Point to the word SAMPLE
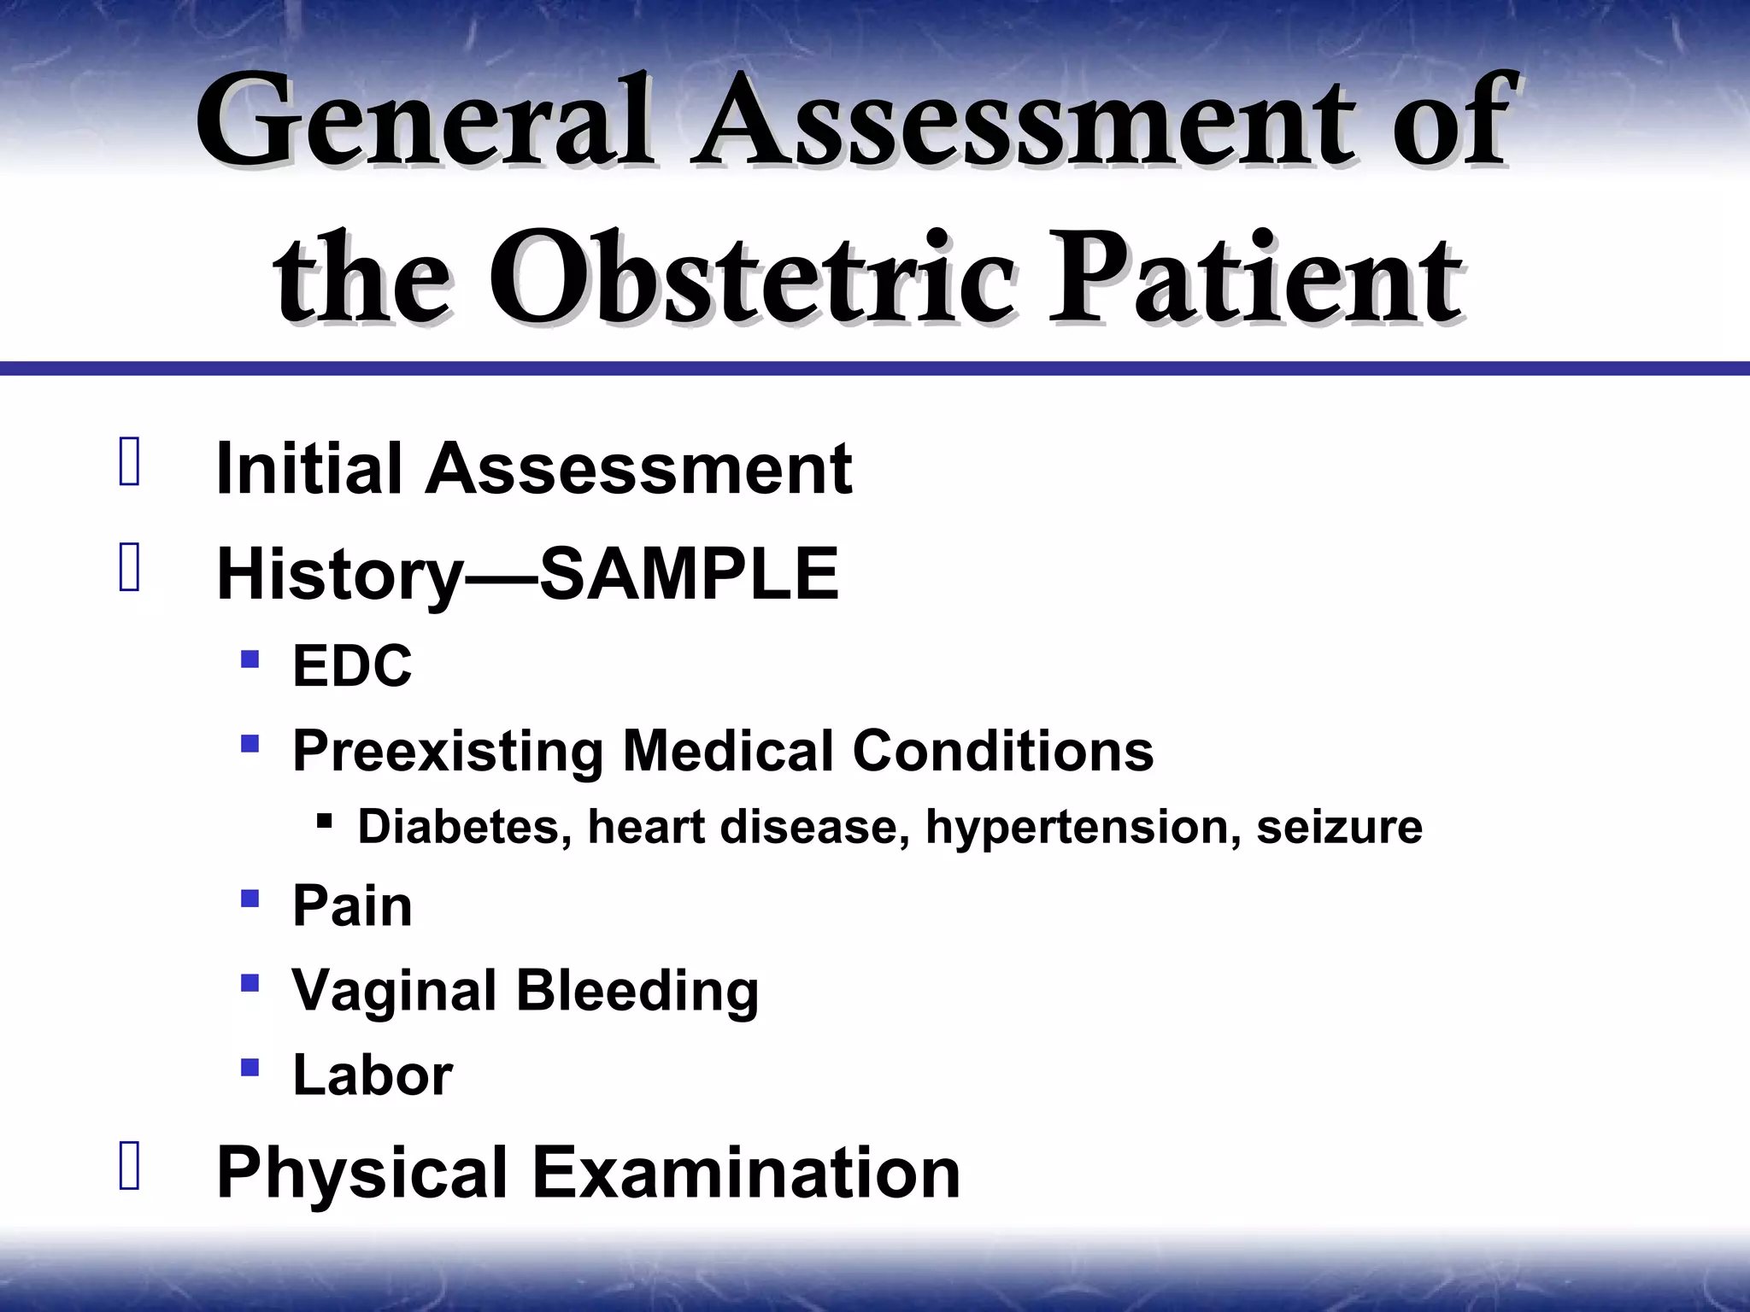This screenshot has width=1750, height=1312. pyautogui.click(x=689, y=574)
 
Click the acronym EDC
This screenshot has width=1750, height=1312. pyautogui.click(x=352, y=665)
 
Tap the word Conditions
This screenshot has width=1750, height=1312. pyautogui.click(x=1003, y=751)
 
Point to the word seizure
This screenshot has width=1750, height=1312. pyautogui.click(x=1339, y=827)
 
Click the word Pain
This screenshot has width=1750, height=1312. pyautogui.click(x=352, y=905)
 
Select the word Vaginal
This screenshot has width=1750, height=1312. pyautogui.click(x=394, y=990)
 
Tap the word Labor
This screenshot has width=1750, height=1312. pyautogui.click(x=372, y=1075)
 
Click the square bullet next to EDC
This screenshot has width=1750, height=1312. pyautogui.click(x=250, y=659)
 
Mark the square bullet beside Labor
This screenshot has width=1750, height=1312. pyautogui.click(x=250, y=1067)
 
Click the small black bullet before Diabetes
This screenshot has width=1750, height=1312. pyautogui.click(x=323, y=822)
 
